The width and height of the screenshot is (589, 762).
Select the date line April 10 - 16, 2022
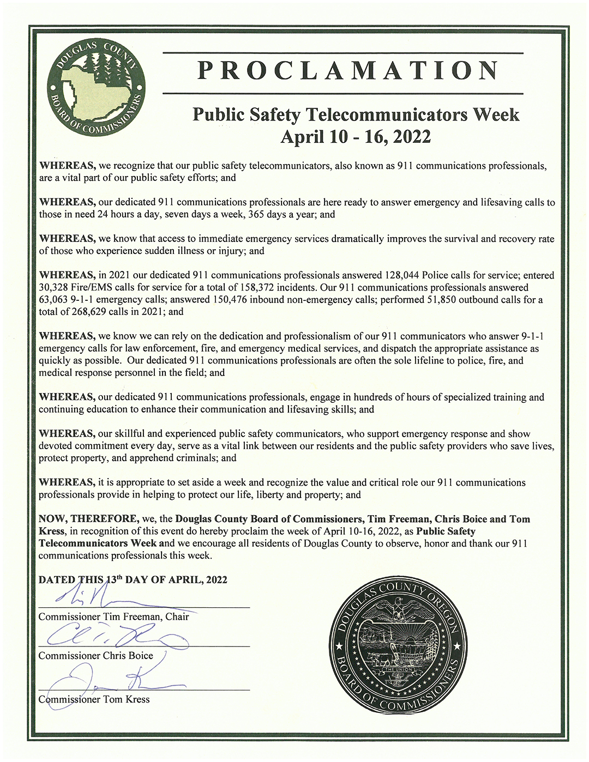356,136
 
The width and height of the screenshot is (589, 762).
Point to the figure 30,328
55,287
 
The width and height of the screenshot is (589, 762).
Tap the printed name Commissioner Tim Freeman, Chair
113,617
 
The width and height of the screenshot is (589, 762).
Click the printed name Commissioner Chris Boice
95,656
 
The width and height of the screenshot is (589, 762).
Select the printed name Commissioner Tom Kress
94,699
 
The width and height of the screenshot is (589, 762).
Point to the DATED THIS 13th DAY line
133,579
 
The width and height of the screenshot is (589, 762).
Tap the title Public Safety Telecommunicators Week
356,114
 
